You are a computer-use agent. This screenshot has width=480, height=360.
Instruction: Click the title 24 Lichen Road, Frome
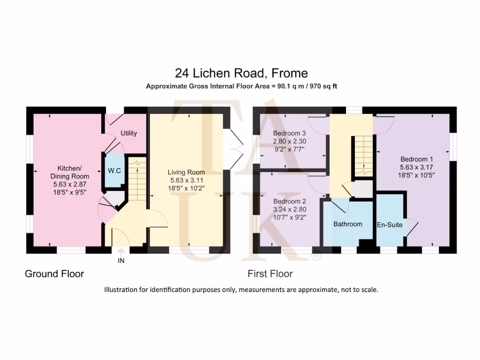click(241, 73)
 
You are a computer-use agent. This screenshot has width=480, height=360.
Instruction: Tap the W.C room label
click(114, 171)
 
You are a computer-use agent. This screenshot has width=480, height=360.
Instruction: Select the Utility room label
click(128, 133)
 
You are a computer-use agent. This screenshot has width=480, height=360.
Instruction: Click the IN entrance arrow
click(121, 255)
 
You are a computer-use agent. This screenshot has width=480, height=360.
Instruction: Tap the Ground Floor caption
click(54, 274)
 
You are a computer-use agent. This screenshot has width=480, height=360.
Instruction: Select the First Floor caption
click(270, 274)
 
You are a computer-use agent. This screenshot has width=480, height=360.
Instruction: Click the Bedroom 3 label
click(289, 133)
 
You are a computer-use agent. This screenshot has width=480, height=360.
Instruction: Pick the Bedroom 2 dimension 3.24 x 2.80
click(289, 209)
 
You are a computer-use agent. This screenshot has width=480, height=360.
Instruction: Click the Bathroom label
click(347, 224)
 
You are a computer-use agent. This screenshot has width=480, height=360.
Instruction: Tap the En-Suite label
click(390, 225)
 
